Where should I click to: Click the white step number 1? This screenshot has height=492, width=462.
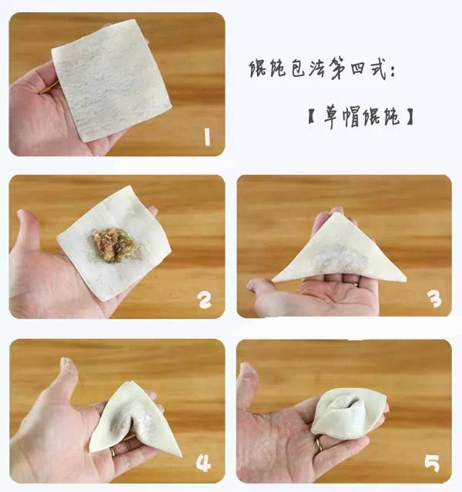[x=207, y=137]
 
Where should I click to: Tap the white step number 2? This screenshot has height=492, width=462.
[x=205, y=300]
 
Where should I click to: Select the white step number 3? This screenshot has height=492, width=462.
[x=435, y=300]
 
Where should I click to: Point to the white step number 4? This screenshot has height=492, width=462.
[x=203, y=464]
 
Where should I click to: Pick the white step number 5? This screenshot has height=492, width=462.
[x=432, y=464]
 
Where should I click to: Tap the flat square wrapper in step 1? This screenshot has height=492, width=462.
[x=111, y=80]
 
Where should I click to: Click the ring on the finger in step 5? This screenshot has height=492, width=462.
[x=318, y=444]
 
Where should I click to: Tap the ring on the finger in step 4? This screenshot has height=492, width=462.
[x=112, y=452]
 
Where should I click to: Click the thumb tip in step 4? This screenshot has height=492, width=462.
[x=66, y=363]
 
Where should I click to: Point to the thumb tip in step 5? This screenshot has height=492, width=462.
[x=246, y=369]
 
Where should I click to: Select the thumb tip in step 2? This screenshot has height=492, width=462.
[x=22, y=216]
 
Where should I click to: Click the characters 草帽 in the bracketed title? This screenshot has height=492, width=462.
[x=343, y=117]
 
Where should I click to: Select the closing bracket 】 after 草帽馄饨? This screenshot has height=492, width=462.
[x=410, y=117]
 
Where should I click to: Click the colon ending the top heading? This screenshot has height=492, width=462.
[x=392, y=72]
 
